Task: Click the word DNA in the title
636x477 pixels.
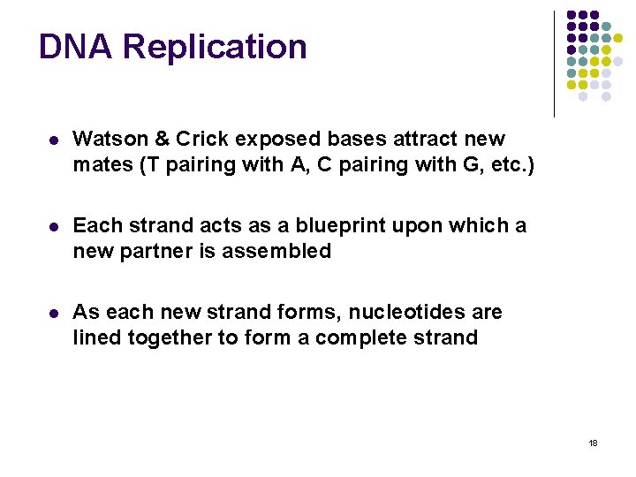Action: [x=75, y=47]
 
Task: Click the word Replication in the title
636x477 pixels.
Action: [x=211, y=47]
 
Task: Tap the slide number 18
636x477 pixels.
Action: [x=593, y=443]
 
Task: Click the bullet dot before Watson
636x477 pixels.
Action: [x=54, y=140]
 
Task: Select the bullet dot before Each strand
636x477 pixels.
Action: [x=54, y=226]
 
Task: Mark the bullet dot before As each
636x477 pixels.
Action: [x=54, y=313]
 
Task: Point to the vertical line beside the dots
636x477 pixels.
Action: [x=554, y=64]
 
